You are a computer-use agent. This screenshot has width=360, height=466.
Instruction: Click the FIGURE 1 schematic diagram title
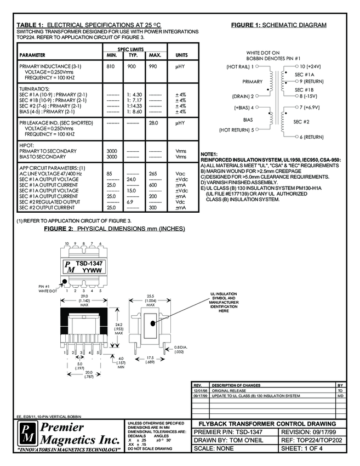278,25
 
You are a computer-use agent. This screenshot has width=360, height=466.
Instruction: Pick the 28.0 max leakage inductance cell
154,123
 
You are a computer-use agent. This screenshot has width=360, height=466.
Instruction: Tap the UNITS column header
181,55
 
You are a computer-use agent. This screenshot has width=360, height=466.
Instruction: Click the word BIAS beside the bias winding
248,119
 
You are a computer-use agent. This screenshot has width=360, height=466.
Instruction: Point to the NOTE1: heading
209,154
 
